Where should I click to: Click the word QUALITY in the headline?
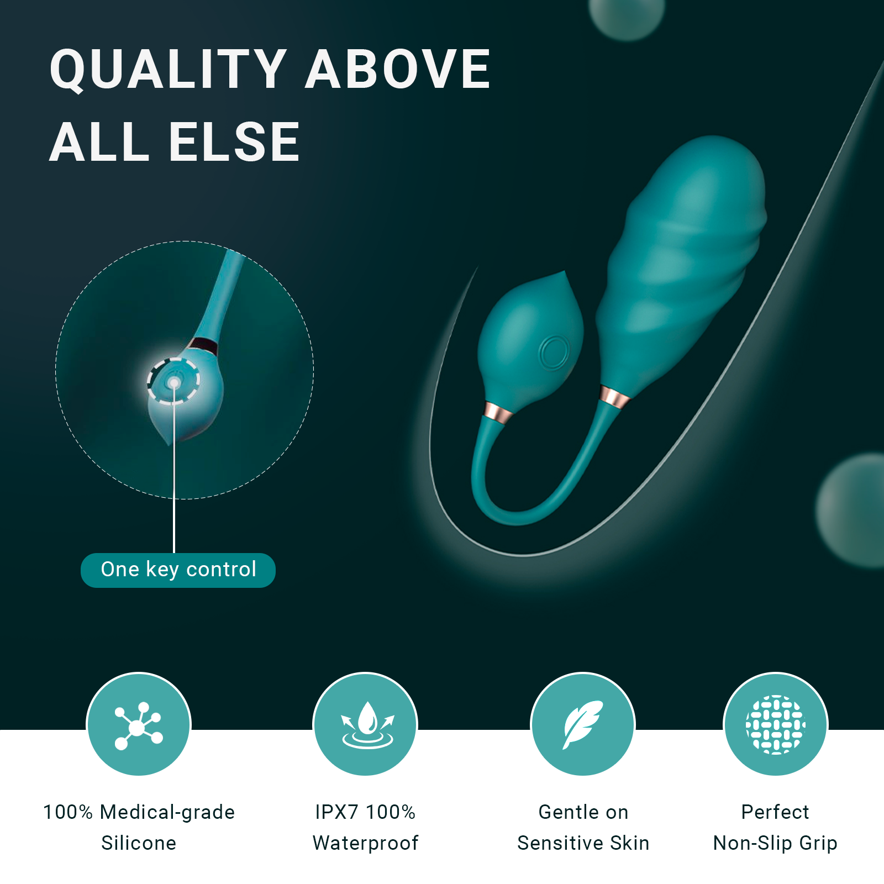click(x=168, y=69)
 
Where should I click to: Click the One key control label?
click(x=178, y=570)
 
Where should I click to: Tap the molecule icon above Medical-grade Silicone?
click(x=139, y=725)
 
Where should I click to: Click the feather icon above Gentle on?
click(x=582, y=724)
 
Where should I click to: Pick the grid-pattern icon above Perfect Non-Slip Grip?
click(x=775, y=724)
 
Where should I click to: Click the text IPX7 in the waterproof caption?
click(x=336, y=812)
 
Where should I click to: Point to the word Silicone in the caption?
click(x=139, y=843)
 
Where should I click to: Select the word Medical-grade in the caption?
click(x=167, y=812)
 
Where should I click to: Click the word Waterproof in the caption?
click(x=365, y=843)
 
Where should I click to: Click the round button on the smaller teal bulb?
click(x=554, y=352)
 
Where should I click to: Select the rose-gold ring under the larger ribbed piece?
click(x=614, y=398)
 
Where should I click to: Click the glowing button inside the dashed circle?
click(x=173, y=382)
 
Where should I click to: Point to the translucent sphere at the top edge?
click(x=627, y=17)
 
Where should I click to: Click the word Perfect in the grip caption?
click(x=775, y=812)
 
